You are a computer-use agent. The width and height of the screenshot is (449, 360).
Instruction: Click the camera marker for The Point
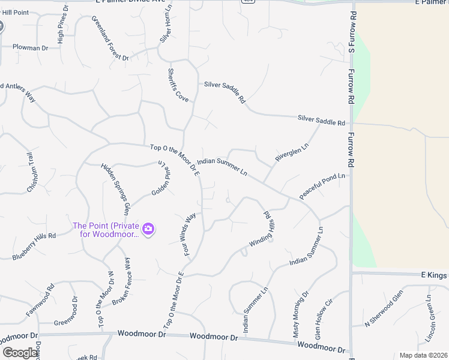coord(148,229)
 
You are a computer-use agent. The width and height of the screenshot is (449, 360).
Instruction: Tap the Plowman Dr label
coord(30,47)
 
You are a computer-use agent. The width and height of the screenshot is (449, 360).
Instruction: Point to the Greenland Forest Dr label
coord(110,38)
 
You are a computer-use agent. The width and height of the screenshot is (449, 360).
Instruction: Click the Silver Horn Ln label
coord(166,27)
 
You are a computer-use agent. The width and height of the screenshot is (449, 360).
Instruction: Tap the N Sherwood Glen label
coord(384,316)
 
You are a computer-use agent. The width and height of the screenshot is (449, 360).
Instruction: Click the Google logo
coord(20,353)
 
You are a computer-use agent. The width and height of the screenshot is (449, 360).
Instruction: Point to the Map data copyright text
coord(423,355)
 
